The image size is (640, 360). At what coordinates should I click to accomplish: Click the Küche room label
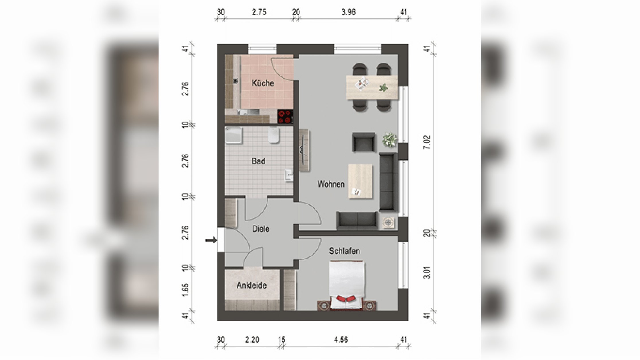point(263,83)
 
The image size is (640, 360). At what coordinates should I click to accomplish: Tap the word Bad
point(258,161)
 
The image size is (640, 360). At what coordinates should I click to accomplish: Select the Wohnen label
point(331,184)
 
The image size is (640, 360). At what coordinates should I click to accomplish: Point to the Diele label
point(261,229)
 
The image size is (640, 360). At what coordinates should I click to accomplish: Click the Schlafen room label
point(344,251)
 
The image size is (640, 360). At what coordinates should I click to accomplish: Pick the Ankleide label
point(251,285)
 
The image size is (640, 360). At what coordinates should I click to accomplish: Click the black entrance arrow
point(211,240)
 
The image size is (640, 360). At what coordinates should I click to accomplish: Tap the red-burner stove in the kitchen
point(285,117)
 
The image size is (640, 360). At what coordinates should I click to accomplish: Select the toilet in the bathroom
point(274,135)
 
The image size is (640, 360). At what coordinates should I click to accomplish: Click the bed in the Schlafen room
point(347,285)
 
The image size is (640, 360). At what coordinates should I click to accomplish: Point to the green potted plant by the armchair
point(390,140)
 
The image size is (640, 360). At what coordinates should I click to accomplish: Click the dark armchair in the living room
point(364,142)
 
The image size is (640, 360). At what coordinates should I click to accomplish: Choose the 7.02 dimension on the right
point(427,143)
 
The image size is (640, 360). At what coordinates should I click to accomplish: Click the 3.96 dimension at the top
point(348,12)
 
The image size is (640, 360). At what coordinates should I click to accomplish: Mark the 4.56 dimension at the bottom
point(341,340)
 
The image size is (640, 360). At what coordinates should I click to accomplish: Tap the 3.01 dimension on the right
point(427,273)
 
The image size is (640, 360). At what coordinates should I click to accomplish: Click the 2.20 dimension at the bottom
point(252,340)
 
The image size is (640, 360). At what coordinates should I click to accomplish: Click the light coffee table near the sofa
point(360,181)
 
